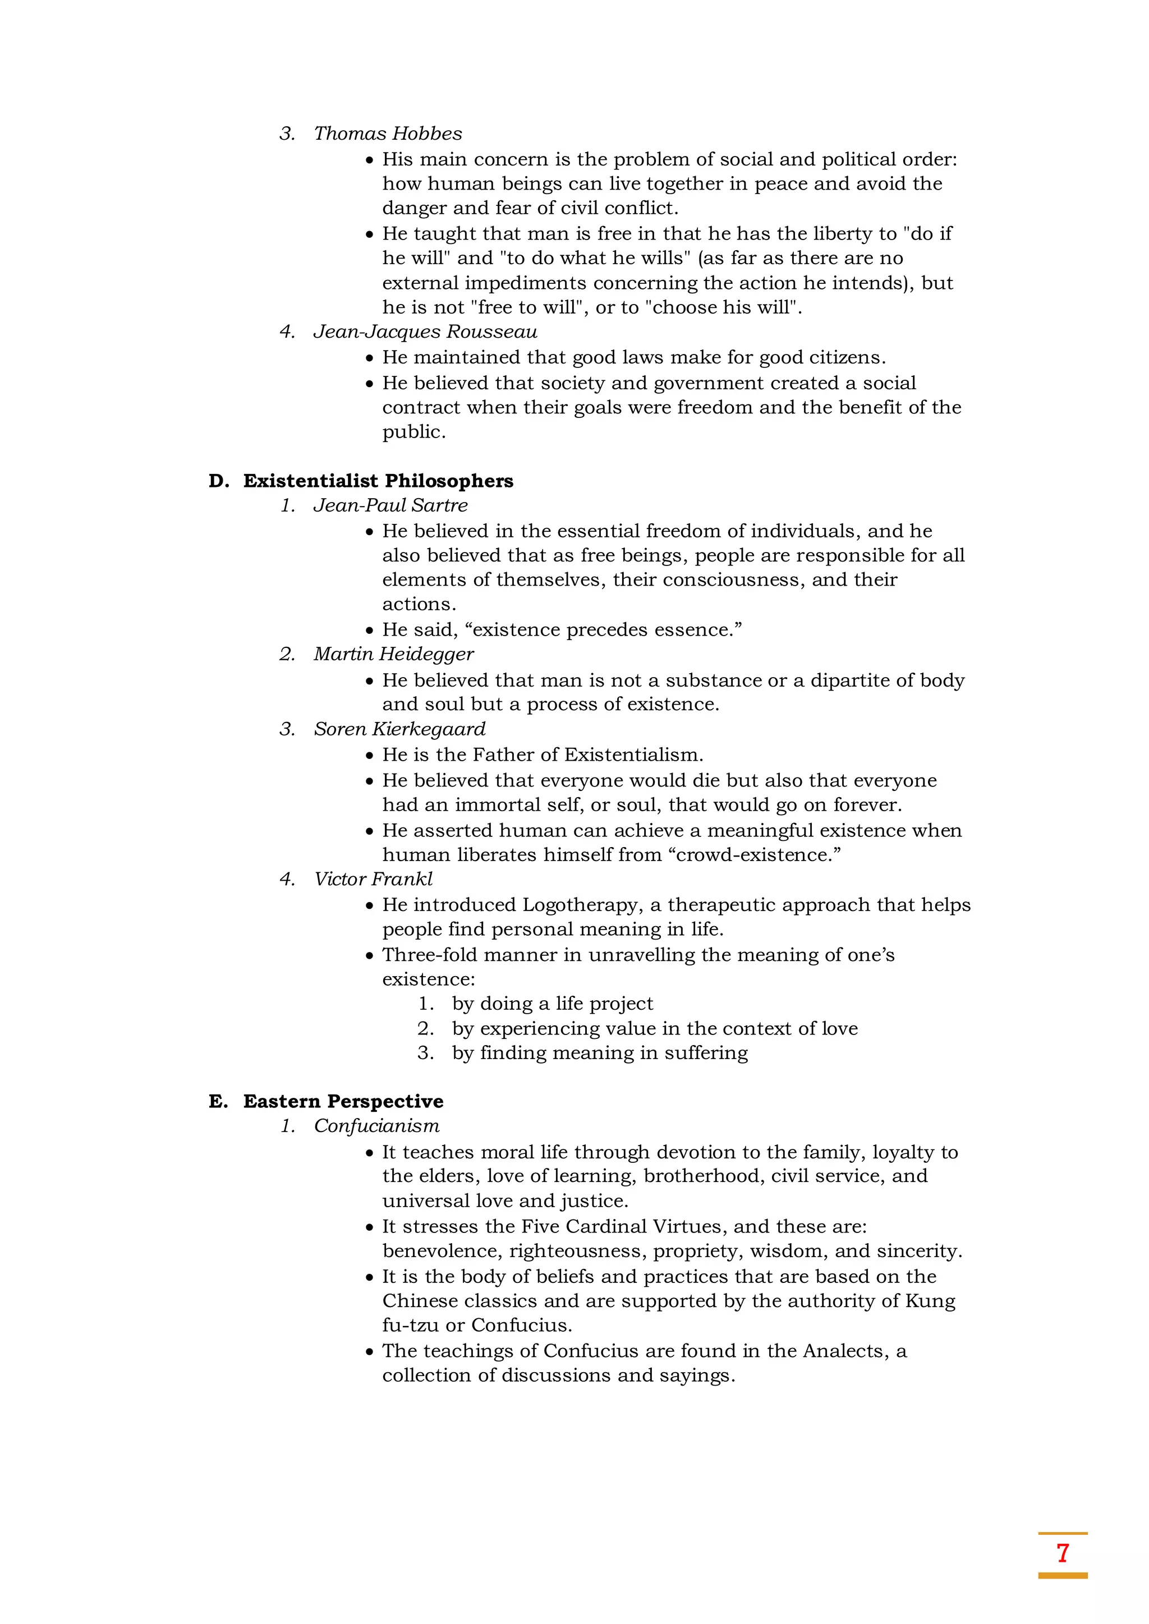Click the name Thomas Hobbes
pyautogui.click(x=388, y=134)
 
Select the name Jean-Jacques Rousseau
pyautogui.click(x=425, y=332)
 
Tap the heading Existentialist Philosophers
pyautogui.click(x=378, y=481)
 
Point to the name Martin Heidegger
pyautogui.click(x=393, y=654)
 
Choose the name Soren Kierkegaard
pyautogui.click(x=400, y=729)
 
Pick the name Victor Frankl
pyautogui.click(x=373, y=879)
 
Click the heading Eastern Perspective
pyautogui.click(x=343, y=1101)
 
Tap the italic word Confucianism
pyautogui.click(x=376, y=1126)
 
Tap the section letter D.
pyautogui.click(x=218, y=481)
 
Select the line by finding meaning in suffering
pyautogui.click(x=599, y=1053)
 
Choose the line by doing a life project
pyautogui.click(x=552, y=1004)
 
